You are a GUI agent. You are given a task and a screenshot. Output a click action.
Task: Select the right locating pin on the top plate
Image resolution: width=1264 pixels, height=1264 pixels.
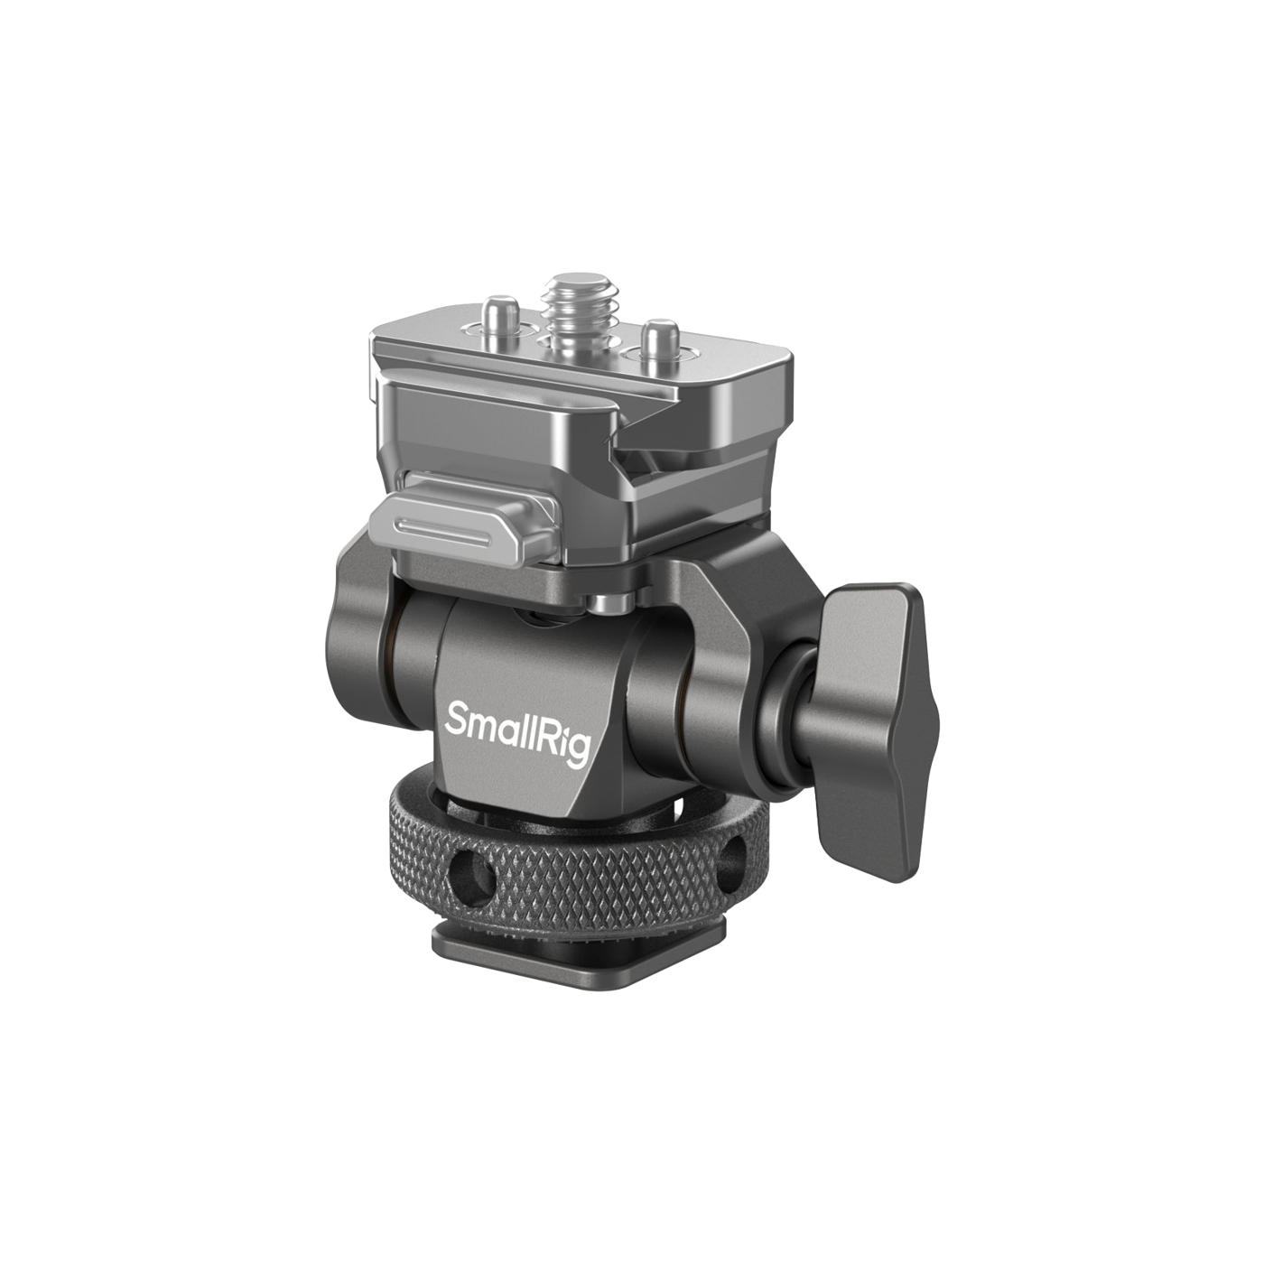click(x=659, y=337)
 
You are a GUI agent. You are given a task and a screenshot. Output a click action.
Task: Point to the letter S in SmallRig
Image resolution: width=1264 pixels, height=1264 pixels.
click(x=456, y=717)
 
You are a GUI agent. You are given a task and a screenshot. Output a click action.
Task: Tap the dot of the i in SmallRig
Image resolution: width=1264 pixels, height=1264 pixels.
click(x=558, y=715)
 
